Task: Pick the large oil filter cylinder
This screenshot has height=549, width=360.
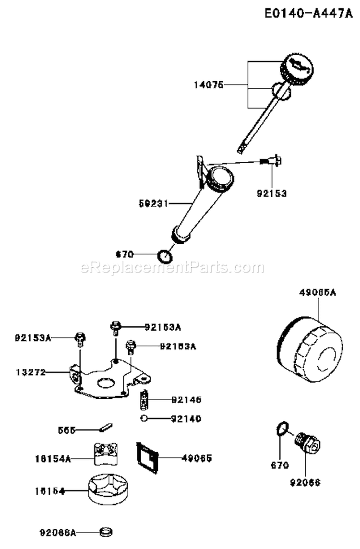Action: tap(311, 347)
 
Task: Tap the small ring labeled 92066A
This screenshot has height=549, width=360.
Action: tap(106, 532)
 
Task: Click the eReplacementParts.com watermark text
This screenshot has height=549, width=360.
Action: tap(172, 267)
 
